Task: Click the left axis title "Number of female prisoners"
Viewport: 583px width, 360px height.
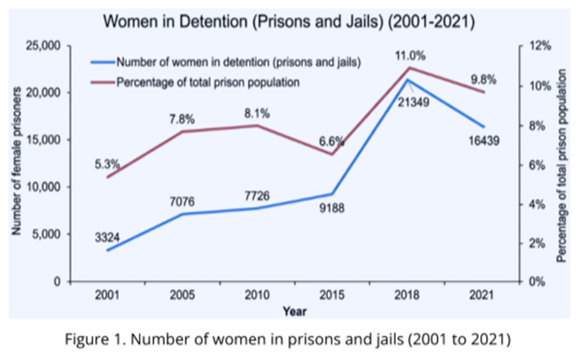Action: tap(16, 165)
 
